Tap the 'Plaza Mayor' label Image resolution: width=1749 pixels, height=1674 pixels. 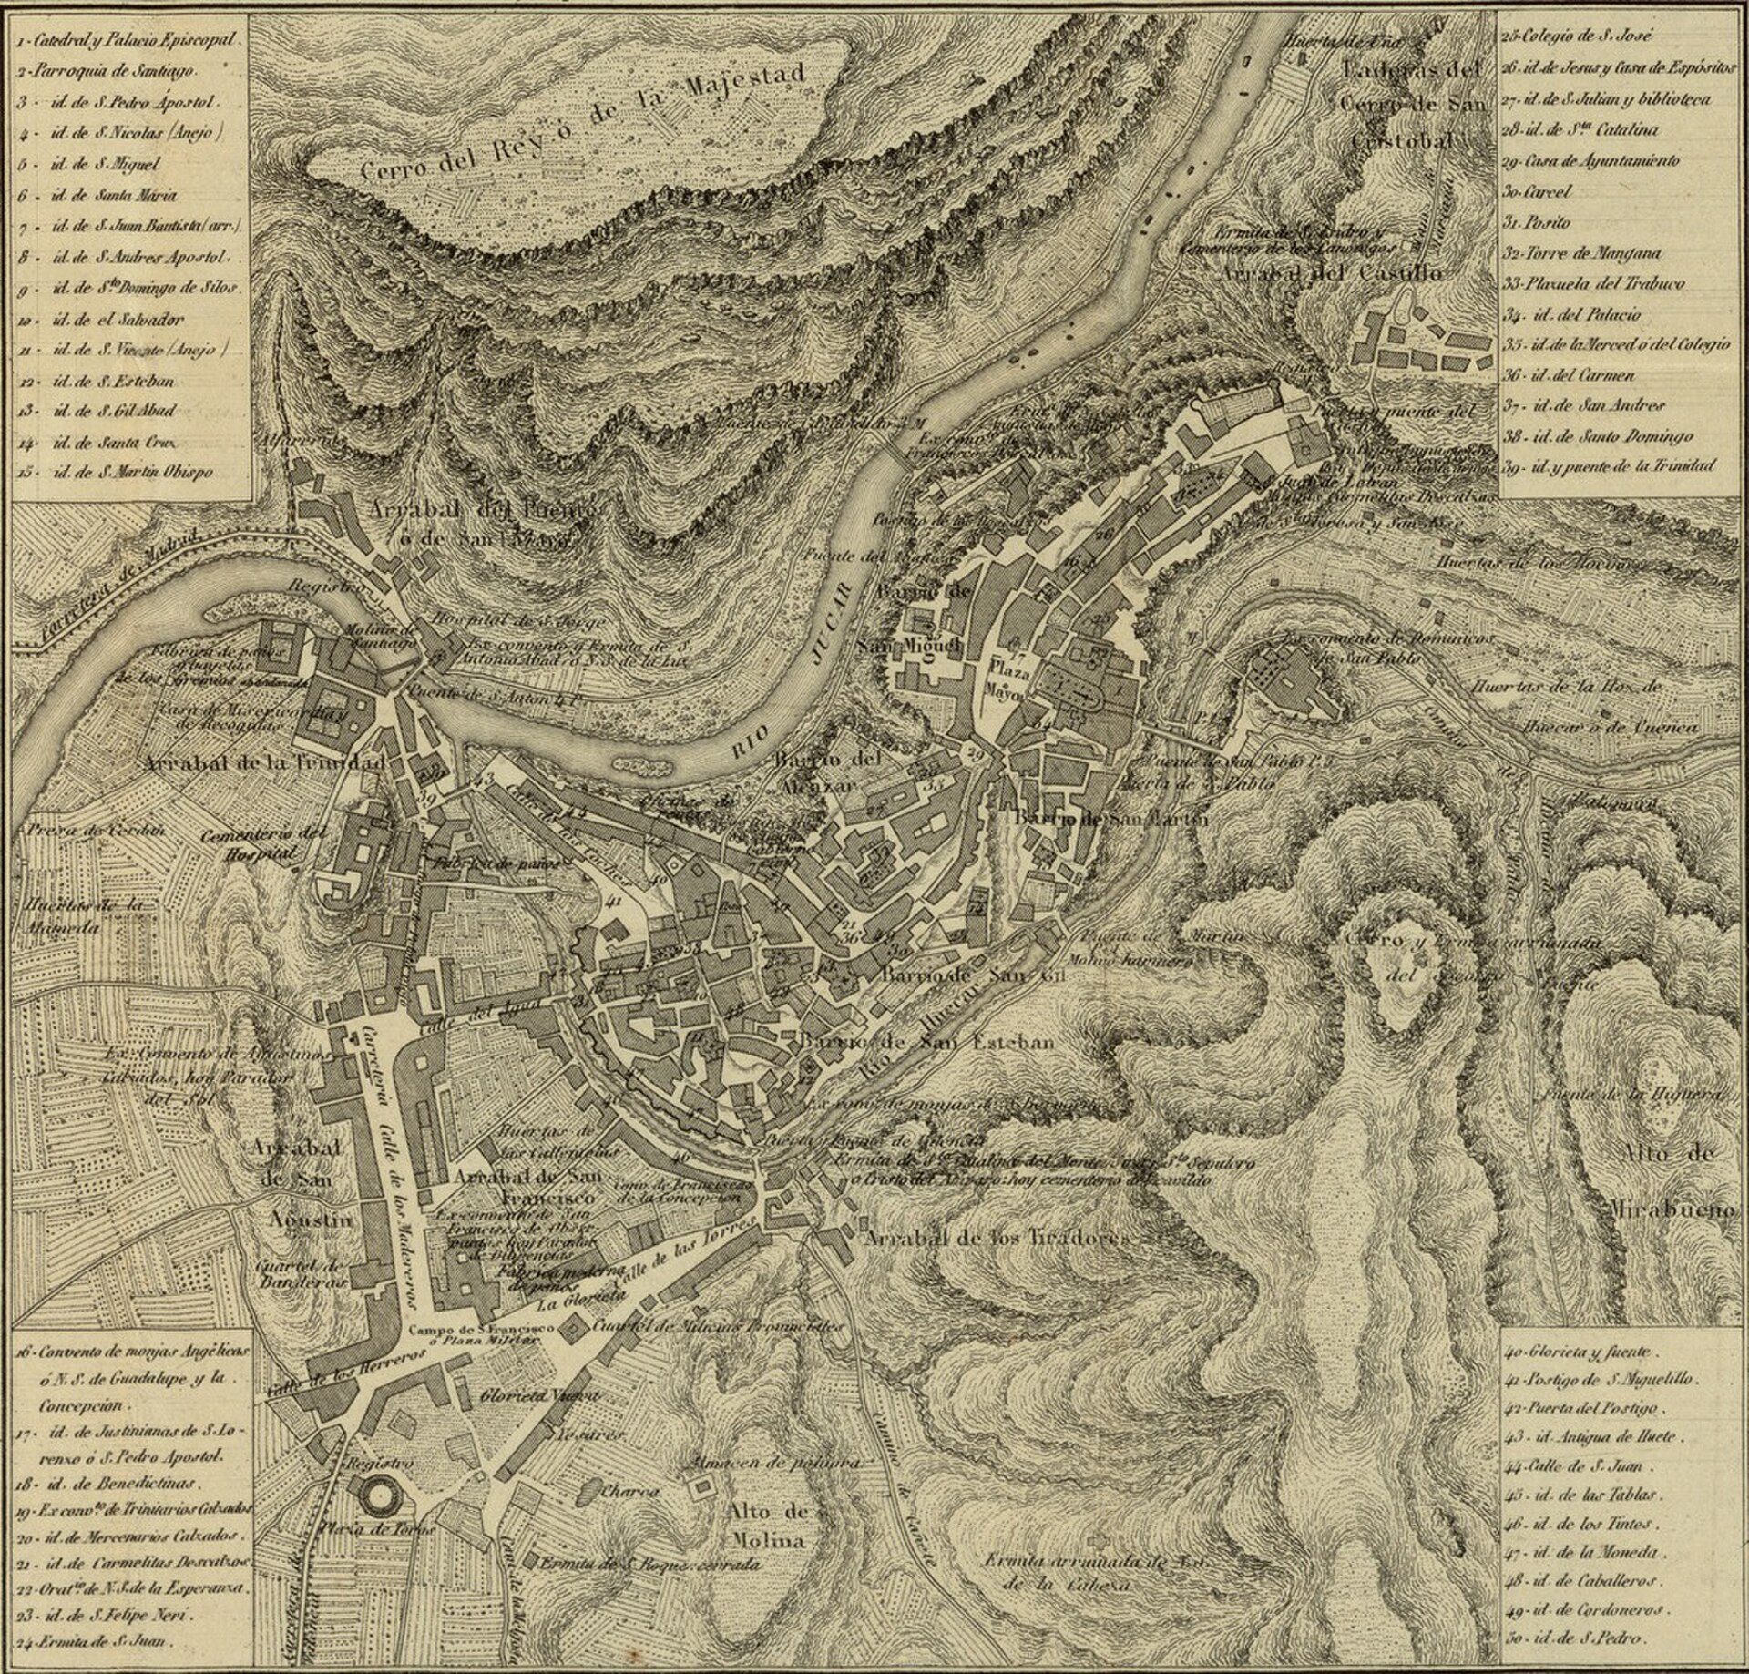(x=1007, y=679)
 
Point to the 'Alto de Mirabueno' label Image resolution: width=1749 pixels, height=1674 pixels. (x=1682, y=1181)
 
